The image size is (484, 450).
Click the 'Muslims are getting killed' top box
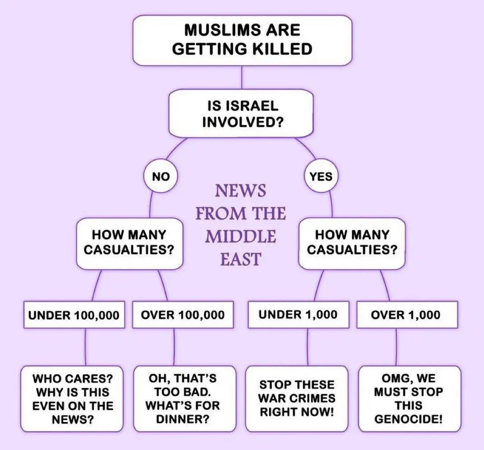tap(242, 40)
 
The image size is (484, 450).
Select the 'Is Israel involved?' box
tap(242, 113)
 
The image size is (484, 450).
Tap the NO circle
tap(161, 177)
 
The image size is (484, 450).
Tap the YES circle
tap(321, 177)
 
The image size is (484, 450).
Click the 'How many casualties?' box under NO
tap(129, 242)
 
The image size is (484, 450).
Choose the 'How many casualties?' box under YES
tap(352, 242)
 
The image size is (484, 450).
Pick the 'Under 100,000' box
tap(73, 314)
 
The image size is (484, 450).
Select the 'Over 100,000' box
tap(183, 314)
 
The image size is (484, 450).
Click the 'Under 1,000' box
tap(298, 314)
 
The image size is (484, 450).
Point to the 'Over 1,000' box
tap(405, 314)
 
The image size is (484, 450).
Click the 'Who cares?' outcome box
tap(72, 398)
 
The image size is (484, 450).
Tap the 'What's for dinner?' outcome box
tap(184, 398)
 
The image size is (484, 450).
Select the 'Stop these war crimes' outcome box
tap(297, 398)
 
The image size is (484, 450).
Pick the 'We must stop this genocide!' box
tap(409, 398)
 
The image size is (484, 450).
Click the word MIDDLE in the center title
tap(241, 236)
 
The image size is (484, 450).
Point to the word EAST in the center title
tap(241, 259)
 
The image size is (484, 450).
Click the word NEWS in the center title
tap(241, 191)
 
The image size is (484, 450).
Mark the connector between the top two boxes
tap(242, 77)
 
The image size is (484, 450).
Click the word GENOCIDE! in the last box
tap(409, 418)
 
